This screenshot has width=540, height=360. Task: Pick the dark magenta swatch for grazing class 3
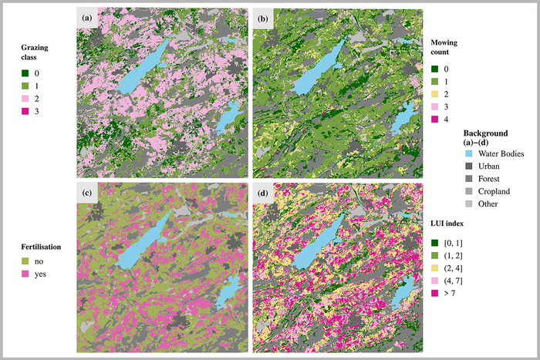tap(25, 112)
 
